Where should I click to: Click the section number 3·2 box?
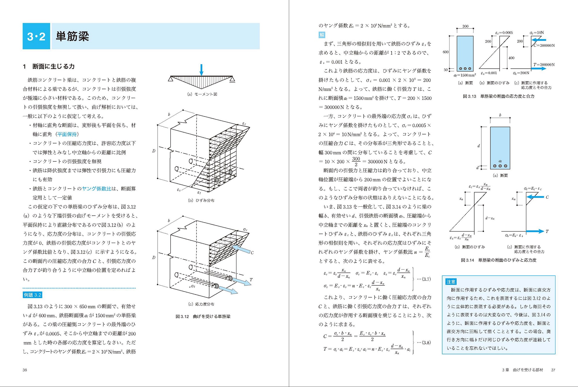coord(36,36)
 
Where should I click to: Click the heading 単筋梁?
coord(72,36)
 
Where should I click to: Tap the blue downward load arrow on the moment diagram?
coord(201,70)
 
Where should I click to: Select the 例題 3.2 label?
coord(32,295)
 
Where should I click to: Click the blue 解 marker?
coord(322,35)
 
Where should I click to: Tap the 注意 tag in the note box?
coord(451,282)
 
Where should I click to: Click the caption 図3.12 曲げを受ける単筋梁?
coord(203,317)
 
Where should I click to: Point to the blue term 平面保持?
coord(67,134)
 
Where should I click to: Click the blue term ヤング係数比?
coord(97,188)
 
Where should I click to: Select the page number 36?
coord(25,370)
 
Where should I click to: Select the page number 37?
coord(553,370)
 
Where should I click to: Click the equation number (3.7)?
coord(424,279)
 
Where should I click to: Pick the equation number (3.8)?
coord(424,343)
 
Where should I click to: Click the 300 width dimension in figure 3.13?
coord(465,26)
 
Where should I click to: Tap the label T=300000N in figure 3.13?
coord(544,65)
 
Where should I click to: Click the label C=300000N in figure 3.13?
coord(544,45)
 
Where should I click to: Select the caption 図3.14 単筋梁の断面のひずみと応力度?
coord(499,260)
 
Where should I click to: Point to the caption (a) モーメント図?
coord(202,94)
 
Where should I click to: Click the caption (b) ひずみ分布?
coord(201,200)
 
